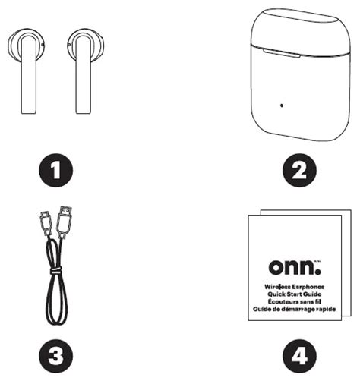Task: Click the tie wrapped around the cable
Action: (55, 268)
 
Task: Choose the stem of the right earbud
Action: (82, 87)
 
